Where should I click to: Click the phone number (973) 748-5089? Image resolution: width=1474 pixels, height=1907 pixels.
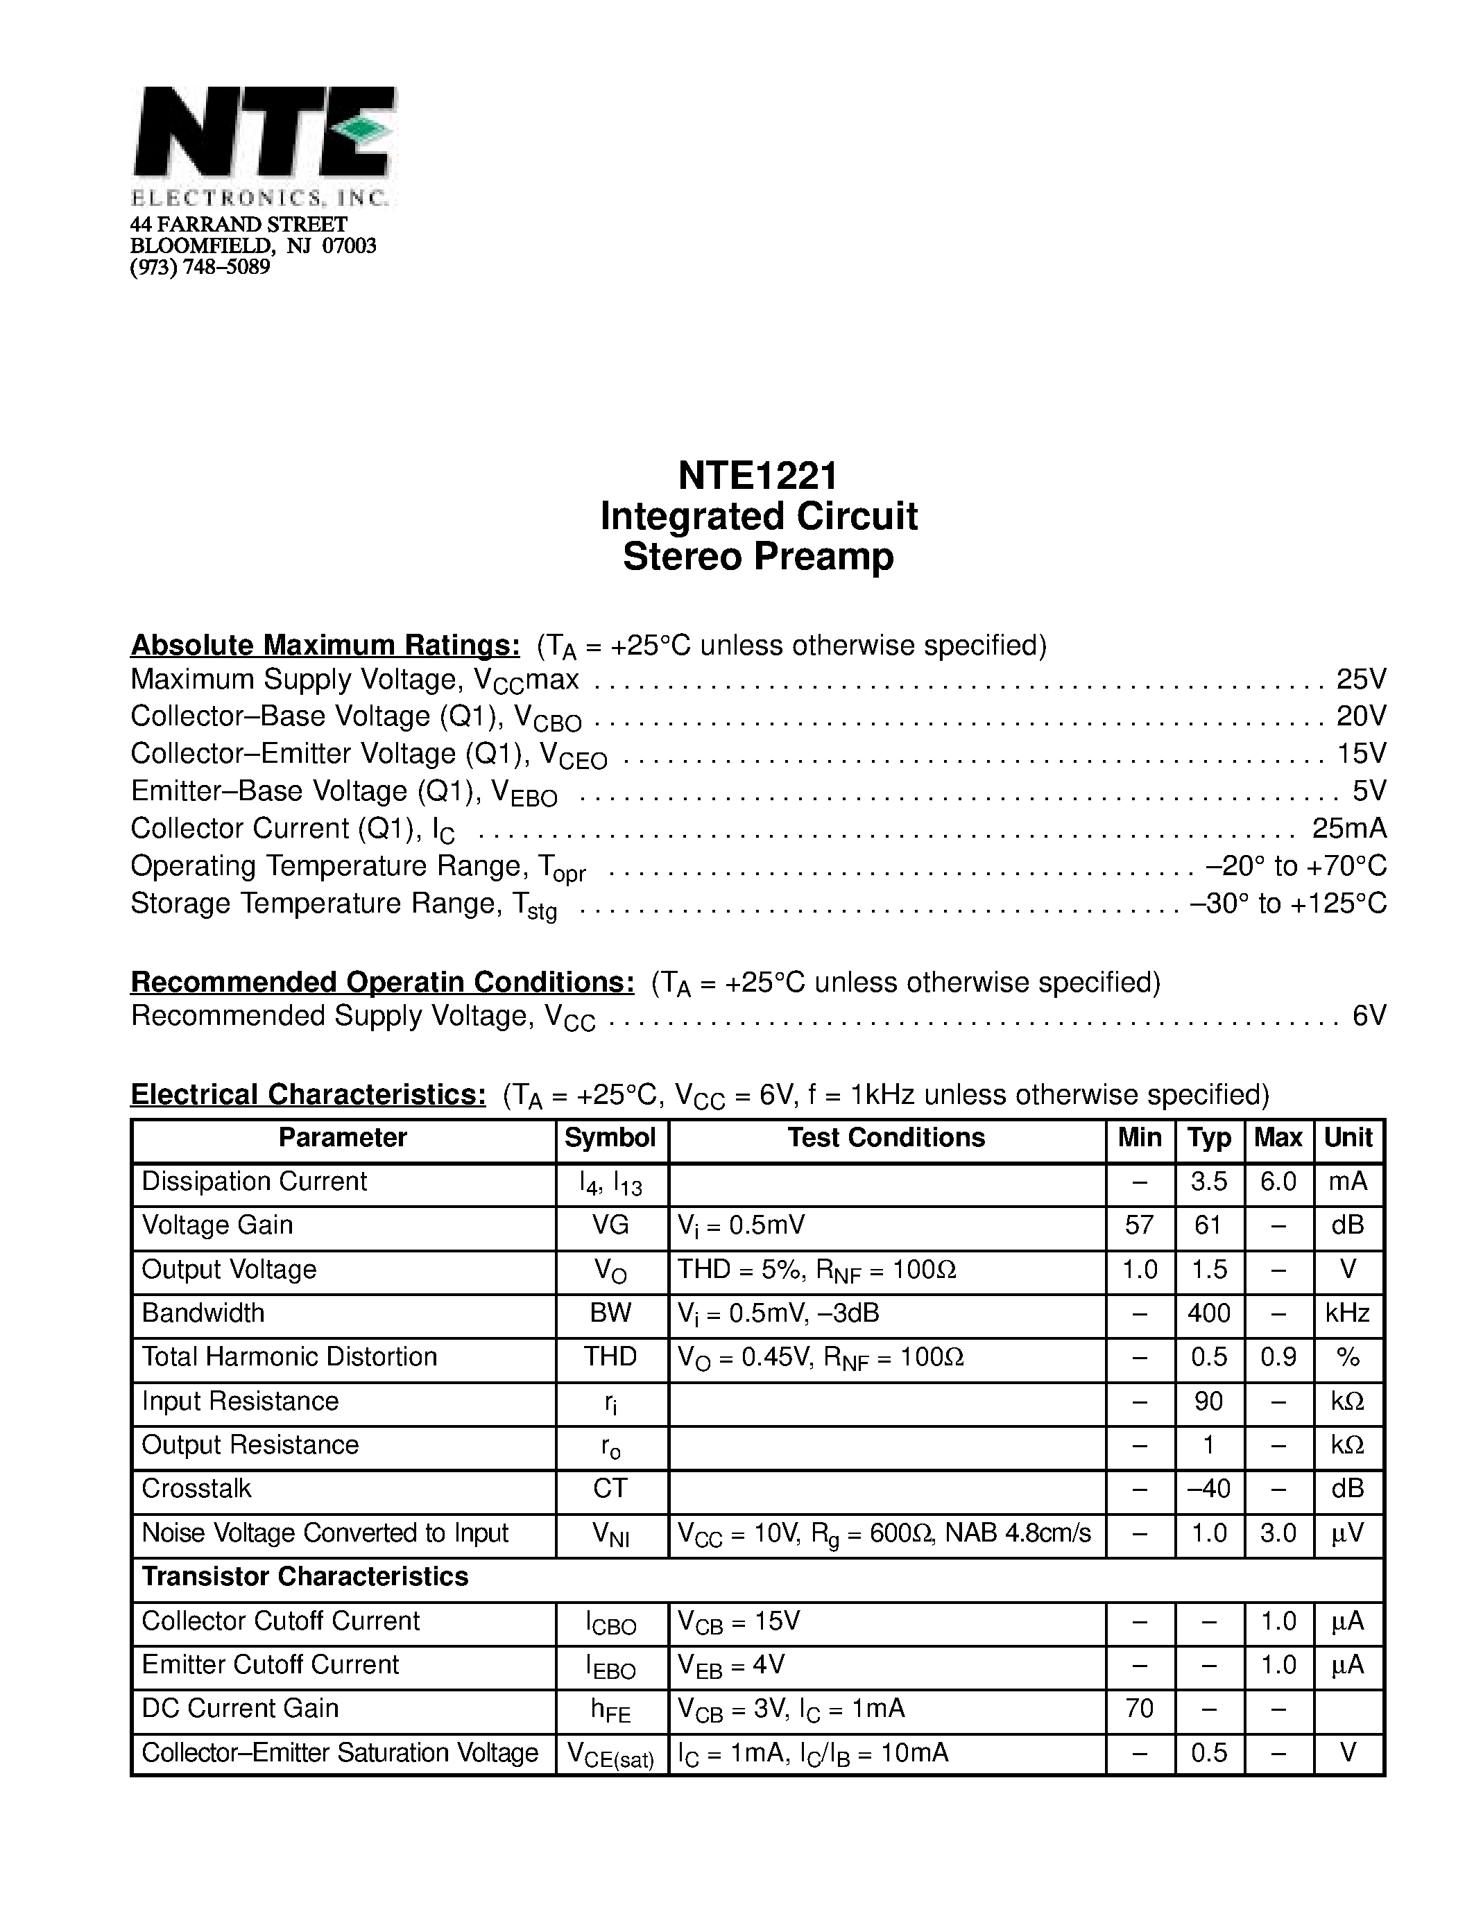point(200,267)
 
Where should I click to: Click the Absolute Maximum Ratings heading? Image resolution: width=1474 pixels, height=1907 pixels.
point(325,646)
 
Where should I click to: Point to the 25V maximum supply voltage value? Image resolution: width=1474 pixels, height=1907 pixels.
point(1360,678)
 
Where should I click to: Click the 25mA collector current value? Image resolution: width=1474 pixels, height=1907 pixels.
point(1348,828)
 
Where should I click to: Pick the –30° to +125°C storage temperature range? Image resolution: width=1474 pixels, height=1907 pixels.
point(1288,903)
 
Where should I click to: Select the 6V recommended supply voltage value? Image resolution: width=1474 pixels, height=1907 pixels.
point(1369,1015)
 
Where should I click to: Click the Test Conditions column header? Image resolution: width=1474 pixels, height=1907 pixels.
point(886,1138)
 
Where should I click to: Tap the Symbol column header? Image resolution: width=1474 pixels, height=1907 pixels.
point(610,1138)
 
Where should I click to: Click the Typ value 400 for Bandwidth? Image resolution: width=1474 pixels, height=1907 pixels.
point(1208,1313)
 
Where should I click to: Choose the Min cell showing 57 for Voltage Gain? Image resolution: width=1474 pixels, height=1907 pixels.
point(1139,1225)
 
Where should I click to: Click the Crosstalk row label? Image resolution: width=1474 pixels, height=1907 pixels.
point(196,1489)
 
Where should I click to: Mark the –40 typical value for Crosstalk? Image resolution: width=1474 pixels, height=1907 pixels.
point(1208,1489)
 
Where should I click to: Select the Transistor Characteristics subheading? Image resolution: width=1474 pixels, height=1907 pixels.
point(305,1577)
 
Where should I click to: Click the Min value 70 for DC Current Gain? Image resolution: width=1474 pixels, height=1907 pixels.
point(1139,1708)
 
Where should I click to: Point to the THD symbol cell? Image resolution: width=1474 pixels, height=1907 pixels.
point(610,1357)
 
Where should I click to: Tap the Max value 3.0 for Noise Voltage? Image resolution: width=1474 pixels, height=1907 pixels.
point(1278,1533)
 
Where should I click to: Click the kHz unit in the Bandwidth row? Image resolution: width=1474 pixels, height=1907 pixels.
point(1347,1313)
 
